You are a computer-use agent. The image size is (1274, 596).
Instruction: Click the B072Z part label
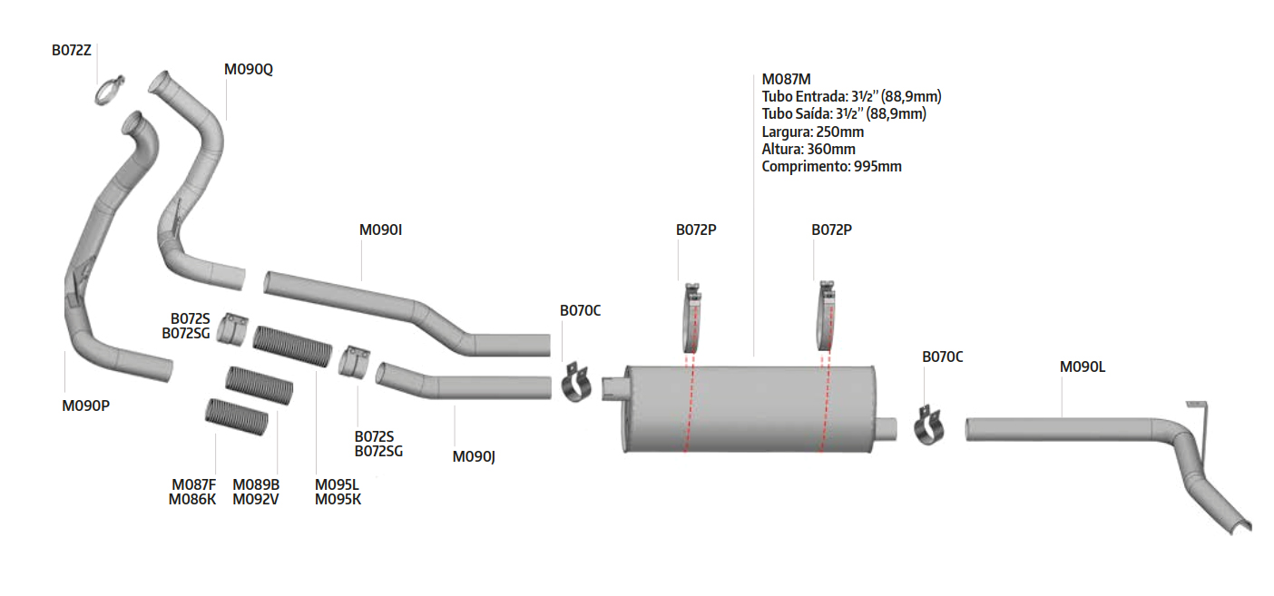click(72, 51)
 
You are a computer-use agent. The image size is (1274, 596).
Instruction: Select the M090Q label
click(249, 69)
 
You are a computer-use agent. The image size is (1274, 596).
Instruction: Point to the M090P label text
click(86, 406)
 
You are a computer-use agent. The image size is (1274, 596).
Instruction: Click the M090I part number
click(380, 230)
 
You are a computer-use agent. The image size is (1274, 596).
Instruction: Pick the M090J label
click(474, 456)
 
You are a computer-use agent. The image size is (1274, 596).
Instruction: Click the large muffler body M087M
click(750, 409)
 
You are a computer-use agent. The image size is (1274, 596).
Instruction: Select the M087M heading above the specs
click(786, 80)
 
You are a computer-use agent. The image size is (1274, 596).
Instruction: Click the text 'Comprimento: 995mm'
click(831, 167)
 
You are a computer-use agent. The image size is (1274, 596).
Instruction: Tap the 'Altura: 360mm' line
click(808, 149)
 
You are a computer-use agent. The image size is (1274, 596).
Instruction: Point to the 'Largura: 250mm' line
click(813, 132)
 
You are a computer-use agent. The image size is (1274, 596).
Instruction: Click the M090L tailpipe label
click(1083, 366)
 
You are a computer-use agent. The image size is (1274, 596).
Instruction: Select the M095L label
click(337, 484)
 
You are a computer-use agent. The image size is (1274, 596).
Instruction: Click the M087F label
click(194, 484)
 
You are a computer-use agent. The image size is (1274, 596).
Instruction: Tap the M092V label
click(256, 499)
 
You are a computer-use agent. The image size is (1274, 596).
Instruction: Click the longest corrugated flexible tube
click(292, 346)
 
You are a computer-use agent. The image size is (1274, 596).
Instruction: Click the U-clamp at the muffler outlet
click(929, 426)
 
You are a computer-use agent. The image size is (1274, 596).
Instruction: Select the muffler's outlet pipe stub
click(887, 429)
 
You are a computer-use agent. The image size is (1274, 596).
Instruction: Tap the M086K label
click(192, 499)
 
